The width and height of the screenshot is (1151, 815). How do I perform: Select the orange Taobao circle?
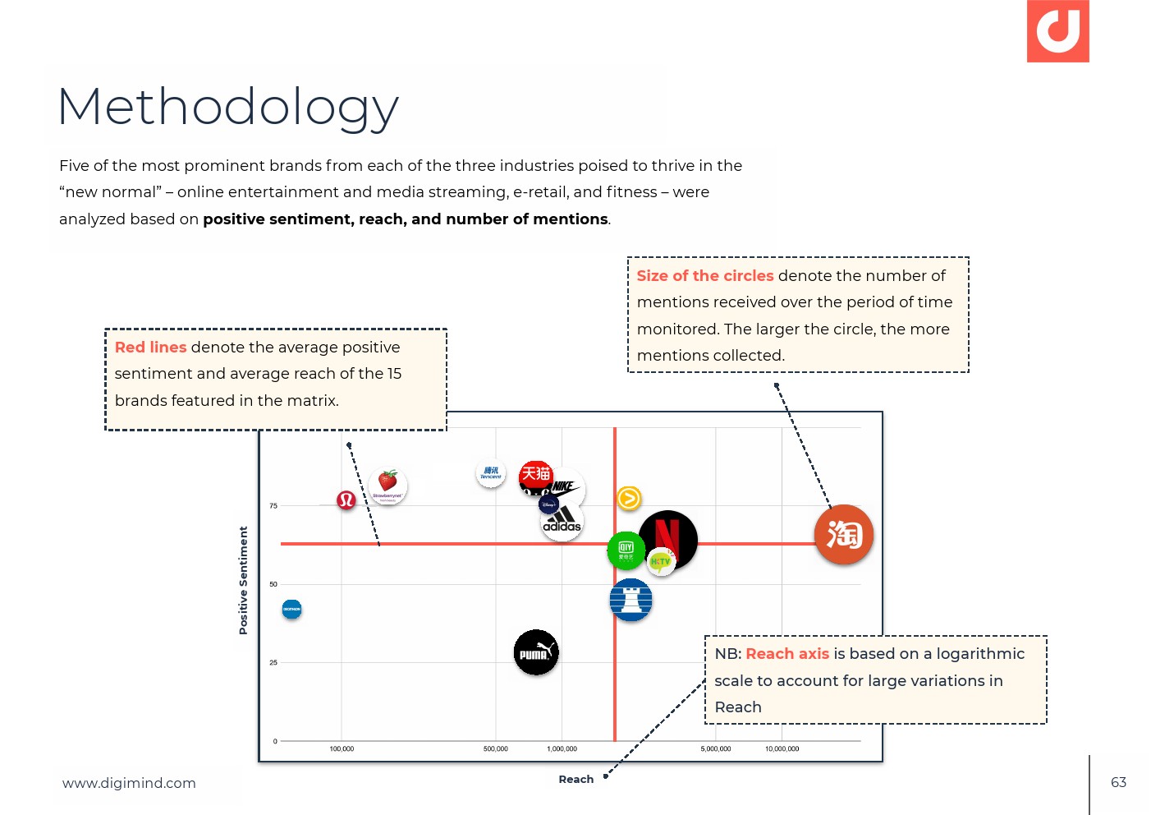(844, 535)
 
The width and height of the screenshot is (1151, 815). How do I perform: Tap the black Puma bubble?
(536, 653)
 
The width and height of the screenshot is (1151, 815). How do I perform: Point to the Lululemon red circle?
(346, 500)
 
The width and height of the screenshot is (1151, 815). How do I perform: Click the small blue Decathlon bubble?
(291, 610)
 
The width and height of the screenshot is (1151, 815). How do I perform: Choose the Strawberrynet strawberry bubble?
(387, 485)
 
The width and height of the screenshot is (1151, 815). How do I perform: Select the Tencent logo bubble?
(491, 472)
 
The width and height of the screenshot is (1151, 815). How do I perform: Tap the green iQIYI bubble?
(626, 550)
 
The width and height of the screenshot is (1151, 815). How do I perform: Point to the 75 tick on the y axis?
(273, 506)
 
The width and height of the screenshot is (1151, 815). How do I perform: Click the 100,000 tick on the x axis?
(342, 749)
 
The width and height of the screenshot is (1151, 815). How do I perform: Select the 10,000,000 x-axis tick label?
(782, 749)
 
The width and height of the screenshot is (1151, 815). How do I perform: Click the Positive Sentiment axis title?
(243, 580)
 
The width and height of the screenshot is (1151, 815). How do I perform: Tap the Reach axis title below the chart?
(575, 780)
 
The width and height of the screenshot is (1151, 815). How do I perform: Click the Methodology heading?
(228, 107)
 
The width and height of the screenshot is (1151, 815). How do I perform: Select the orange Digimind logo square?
(1057, 31)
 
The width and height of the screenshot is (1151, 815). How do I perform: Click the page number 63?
(1118, 782)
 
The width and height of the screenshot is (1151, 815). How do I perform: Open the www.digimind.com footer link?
(129, 783)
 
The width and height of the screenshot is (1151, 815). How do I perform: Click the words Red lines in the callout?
(151, 348)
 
